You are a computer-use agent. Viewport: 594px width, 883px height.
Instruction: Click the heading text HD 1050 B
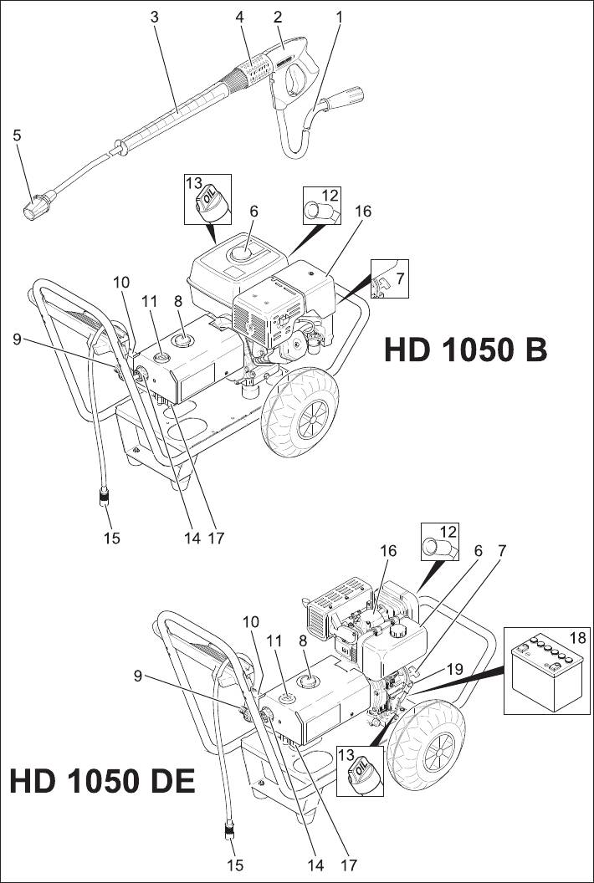point(465,350)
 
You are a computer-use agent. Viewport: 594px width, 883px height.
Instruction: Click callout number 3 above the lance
point(153,16)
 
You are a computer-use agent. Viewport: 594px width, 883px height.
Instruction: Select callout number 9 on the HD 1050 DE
point(138,676)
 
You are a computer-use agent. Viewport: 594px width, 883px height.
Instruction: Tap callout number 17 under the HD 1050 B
point(216,538)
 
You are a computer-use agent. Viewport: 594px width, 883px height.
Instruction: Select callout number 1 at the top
point(339,16)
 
